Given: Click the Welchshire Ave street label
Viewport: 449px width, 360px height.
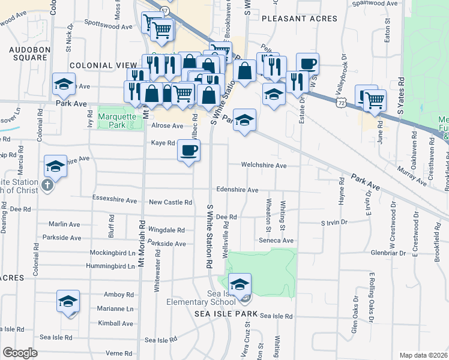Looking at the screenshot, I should coord(264,165).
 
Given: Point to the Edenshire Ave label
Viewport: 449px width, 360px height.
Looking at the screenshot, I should coord(237,190).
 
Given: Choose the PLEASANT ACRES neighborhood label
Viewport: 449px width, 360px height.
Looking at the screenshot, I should coord(300,19).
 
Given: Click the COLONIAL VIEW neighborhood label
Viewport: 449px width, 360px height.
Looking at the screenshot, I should coord(100,65).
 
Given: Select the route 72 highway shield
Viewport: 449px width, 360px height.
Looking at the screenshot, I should coord(341,104).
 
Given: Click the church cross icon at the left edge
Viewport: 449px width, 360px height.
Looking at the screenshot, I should coord(48,185).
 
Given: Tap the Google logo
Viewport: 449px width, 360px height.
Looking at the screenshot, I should coord(19,353).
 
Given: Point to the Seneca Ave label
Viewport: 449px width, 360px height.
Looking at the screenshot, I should coord(280,241).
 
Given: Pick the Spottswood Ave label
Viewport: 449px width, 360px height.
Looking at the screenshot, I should coord(108,27).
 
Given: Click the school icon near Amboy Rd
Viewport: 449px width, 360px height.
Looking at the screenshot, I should coord(68,301).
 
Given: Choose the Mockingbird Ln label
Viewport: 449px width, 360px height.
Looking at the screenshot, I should coord(113,253).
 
